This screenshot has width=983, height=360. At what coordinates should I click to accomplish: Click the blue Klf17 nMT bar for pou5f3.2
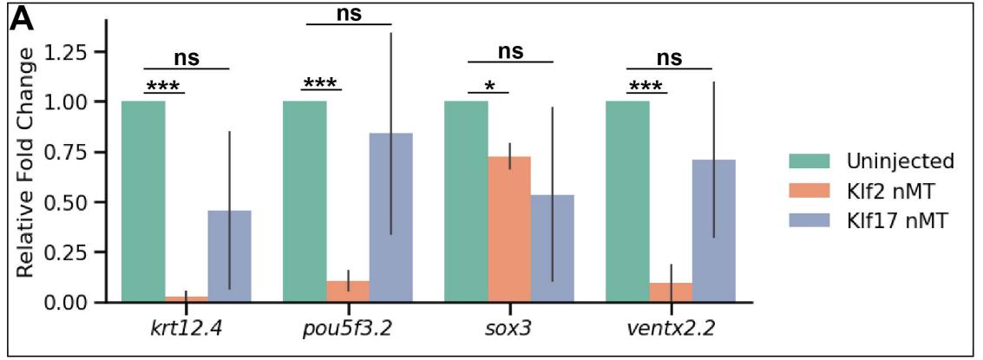pos(391,217)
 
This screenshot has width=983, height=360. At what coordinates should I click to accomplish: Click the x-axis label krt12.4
pos(187,331)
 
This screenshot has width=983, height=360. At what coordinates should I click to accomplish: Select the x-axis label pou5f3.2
pos(348,331)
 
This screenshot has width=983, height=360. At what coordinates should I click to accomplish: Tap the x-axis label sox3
pos(509,331)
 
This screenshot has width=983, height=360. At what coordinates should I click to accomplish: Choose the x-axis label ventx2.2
pos(671,331)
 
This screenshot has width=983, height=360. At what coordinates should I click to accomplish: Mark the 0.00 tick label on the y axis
pos(72,302)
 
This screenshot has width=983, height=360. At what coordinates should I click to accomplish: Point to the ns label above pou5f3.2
pos(349,13)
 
